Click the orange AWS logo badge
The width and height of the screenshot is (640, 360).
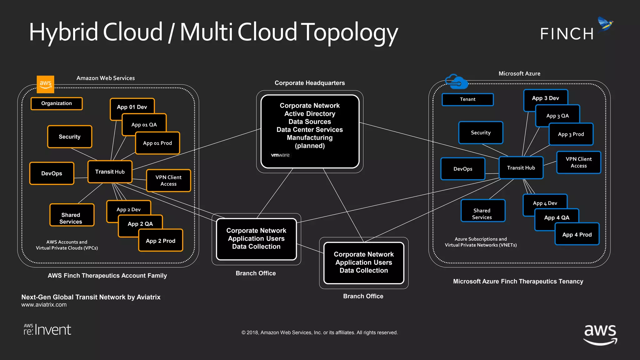point(45,84)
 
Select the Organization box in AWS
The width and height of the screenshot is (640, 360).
point(57,103)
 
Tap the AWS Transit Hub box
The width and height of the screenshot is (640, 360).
point(110,172)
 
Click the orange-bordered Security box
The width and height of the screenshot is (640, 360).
point(69,137)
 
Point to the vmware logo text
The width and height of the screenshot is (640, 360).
point(280,155)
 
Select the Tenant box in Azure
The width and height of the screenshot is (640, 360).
point(467,99)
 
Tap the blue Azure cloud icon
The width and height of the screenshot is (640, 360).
point(456,82)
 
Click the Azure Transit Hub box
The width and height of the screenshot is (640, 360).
point(521,168)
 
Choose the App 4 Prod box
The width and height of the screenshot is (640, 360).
point(577,235)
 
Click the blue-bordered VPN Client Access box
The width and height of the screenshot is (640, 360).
point(578,162)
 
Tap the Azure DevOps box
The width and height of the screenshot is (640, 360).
point(463,169)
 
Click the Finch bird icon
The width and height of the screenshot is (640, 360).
point(605,24)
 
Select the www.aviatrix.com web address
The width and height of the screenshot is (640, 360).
point(44,305)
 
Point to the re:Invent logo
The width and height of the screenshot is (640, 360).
point(47,330)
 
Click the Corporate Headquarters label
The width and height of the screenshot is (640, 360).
point(310,83)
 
